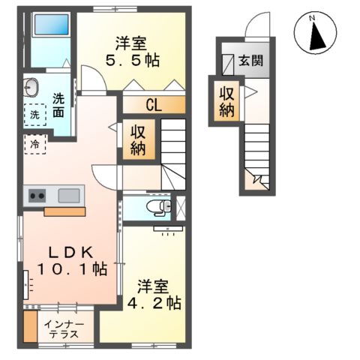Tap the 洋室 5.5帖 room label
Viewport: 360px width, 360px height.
click(x=136, y=50)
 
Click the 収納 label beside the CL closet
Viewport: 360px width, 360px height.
click(x=139, y=140)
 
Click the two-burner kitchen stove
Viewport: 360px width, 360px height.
click(x=37, y=196)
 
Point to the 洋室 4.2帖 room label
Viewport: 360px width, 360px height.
click(x=158, y=294)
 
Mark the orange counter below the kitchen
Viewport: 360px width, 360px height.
click(x=65, y=211)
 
